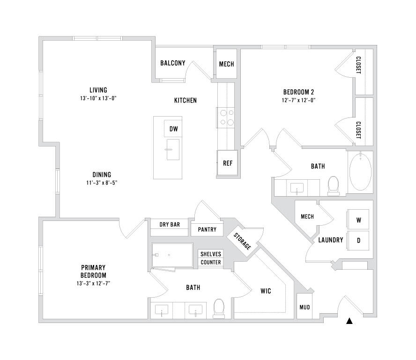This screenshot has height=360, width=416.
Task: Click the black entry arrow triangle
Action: click(349, 321)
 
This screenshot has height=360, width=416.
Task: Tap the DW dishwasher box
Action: click(173, 129)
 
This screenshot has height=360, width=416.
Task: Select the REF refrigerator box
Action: click(228, 163)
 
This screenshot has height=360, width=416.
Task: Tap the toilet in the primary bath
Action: click(219, 308)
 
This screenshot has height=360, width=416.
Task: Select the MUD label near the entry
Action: click(304, 308)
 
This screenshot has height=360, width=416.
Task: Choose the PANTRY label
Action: click(207, 229)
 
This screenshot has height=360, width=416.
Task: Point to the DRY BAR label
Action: click(170, 225)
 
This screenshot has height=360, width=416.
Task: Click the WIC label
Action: click(266, 291)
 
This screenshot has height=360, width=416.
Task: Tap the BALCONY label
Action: click(173, 63)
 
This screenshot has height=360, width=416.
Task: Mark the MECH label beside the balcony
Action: click(226, 64)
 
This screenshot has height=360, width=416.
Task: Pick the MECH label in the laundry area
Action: click(307, 217)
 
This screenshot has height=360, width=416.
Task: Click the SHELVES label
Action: click(211, 254)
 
